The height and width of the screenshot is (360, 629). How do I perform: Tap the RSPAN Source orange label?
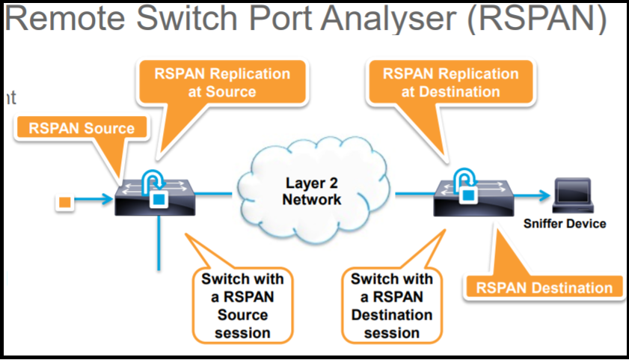[x=82, y=128]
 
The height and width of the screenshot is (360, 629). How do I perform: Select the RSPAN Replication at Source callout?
[x=221, y=83]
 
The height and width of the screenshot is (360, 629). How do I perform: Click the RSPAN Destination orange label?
[x=543, y=287]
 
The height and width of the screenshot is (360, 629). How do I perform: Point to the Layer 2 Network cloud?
[x=313, y=192]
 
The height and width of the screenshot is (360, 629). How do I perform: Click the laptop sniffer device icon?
[x=572, y=195]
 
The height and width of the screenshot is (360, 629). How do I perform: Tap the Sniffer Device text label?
[x=574, y=223]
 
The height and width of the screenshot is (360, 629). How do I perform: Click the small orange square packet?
[x=64, y=201]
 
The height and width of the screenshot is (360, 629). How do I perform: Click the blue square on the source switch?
[x=159, y=199]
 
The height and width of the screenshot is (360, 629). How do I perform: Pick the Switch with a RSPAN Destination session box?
[x=391, y=305]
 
